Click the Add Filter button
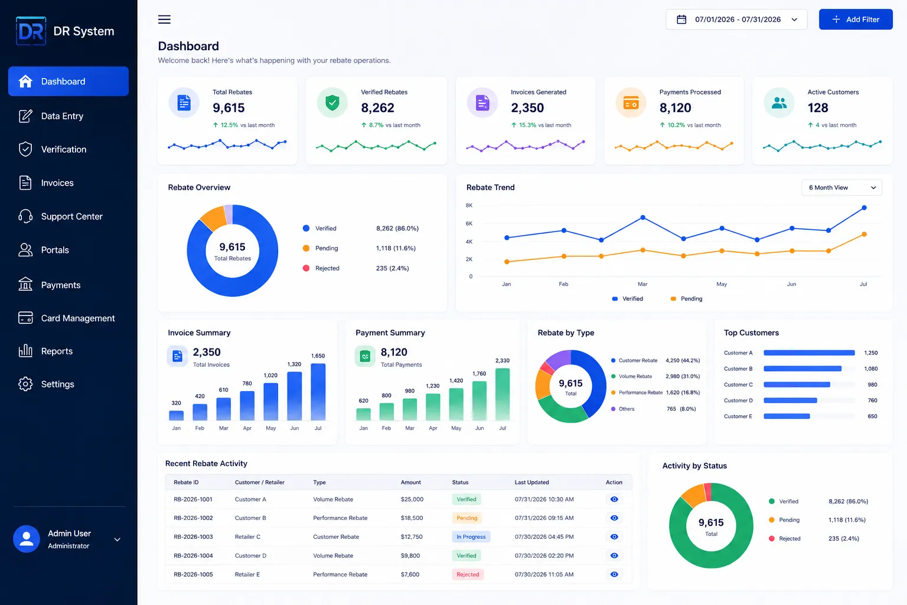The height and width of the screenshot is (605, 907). point(855,19)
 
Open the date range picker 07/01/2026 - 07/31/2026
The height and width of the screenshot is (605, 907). point(736,19)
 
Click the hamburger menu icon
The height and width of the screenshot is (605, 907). point(164,19)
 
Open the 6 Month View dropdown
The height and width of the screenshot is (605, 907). point(841,188)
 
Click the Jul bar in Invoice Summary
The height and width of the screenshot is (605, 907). point(318,392)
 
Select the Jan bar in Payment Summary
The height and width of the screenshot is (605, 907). point(363,414)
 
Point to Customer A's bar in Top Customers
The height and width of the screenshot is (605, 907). point(809,353)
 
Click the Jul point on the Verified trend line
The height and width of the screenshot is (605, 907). point(864,207)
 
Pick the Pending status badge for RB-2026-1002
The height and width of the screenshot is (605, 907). point(466,518)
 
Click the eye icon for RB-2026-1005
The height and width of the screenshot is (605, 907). point(614,574)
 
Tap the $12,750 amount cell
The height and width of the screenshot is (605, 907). point(412,536)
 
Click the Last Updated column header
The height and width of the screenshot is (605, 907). point(531,482)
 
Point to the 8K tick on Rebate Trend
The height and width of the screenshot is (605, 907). point(469,206)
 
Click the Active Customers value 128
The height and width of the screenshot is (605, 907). point(817,108)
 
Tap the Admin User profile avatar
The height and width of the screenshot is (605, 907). point(27,539)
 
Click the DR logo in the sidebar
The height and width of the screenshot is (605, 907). point(31,31)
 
